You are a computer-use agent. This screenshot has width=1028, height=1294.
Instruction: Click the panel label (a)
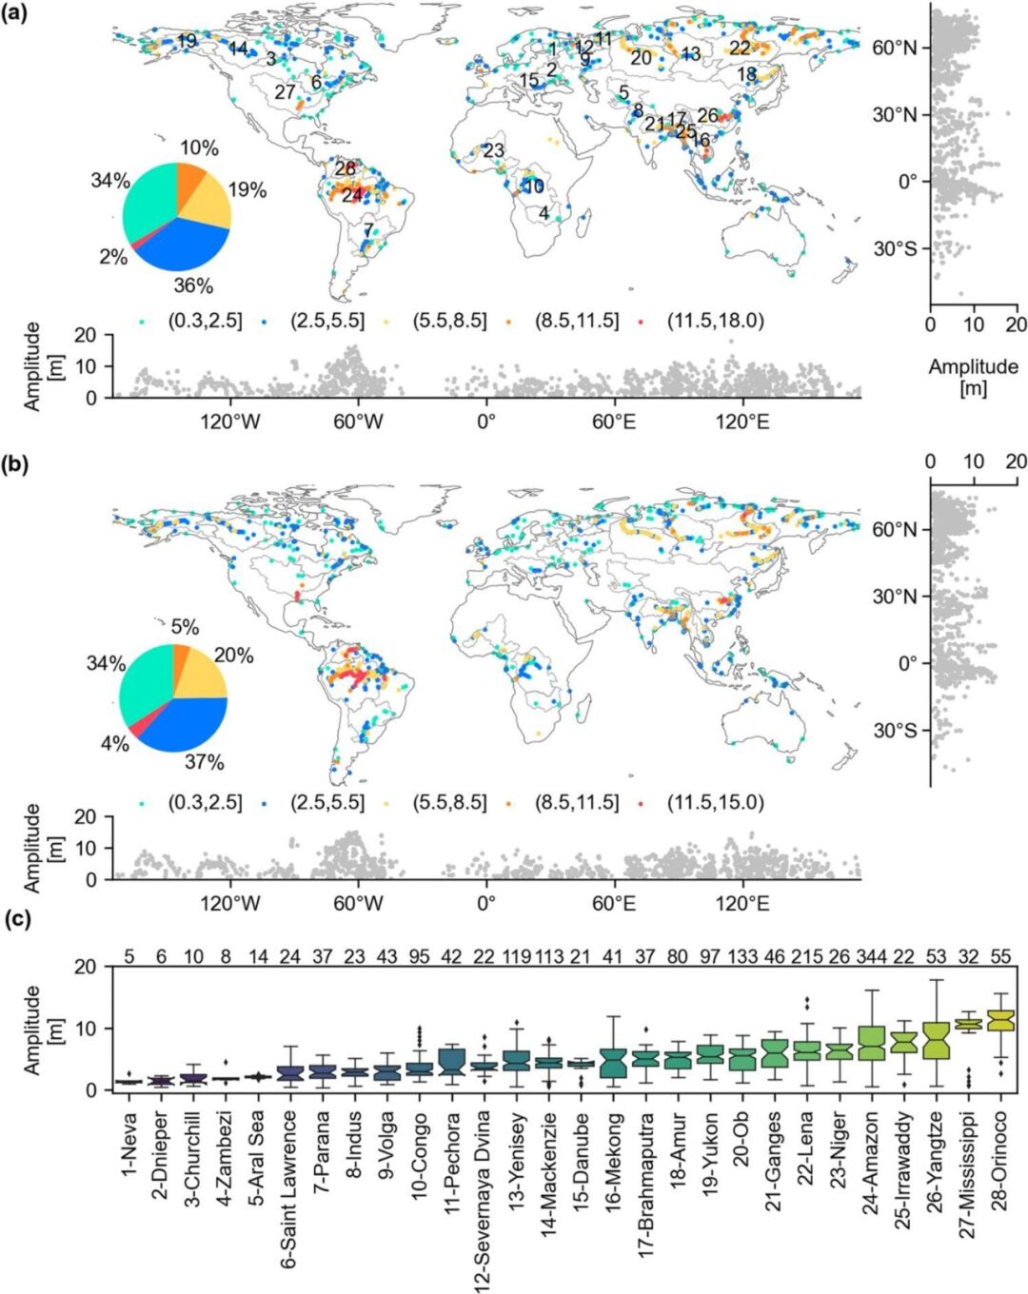17,14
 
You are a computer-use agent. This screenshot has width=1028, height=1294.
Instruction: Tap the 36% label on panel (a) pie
193,285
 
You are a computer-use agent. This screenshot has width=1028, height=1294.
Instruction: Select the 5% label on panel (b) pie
185,627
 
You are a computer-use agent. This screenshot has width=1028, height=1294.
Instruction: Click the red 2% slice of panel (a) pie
135,245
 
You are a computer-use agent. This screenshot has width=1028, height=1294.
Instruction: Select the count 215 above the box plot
807,955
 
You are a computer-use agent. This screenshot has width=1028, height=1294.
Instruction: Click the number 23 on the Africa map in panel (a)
492,150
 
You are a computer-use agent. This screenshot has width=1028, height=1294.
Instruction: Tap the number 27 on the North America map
285,92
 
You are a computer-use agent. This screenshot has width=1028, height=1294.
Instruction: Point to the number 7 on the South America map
367,230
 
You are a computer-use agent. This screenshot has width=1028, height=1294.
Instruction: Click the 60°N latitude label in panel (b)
895,529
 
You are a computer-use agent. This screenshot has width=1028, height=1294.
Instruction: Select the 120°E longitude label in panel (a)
742,422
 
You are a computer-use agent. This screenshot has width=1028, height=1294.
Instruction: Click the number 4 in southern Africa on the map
544,214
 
